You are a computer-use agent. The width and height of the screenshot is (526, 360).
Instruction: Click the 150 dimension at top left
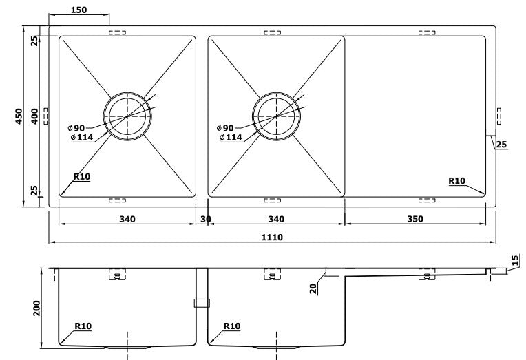pyautogui.click(x=78, y=10)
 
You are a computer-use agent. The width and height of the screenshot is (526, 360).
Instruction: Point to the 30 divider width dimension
pyautogui.click(x=205, y=219)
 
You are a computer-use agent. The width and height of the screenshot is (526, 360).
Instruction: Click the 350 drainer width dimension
pyautogui.click(x=414, y=219)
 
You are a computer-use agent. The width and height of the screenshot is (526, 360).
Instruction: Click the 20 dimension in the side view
pyautogui.click(x=313, y=287)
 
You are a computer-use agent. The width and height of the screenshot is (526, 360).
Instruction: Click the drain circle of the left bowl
pyautogui.click(x=127, y=116)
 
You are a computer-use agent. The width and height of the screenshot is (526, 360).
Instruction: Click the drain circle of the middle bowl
pyautogui.click(x=275, y=116)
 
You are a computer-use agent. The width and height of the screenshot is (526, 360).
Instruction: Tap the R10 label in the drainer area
pyautogui.click(x=456, y=181)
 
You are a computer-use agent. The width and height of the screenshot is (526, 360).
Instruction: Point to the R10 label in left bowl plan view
pyautogui.click(x=81, y=177)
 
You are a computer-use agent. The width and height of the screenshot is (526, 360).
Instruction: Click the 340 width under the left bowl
pyautogui.click(x=127, y=219)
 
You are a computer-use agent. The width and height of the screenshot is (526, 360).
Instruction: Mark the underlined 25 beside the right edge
pyautogui.click(x=501, y=145)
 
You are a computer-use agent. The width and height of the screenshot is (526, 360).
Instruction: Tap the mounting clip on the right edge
pyautogui.click(x=498, y=116)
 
